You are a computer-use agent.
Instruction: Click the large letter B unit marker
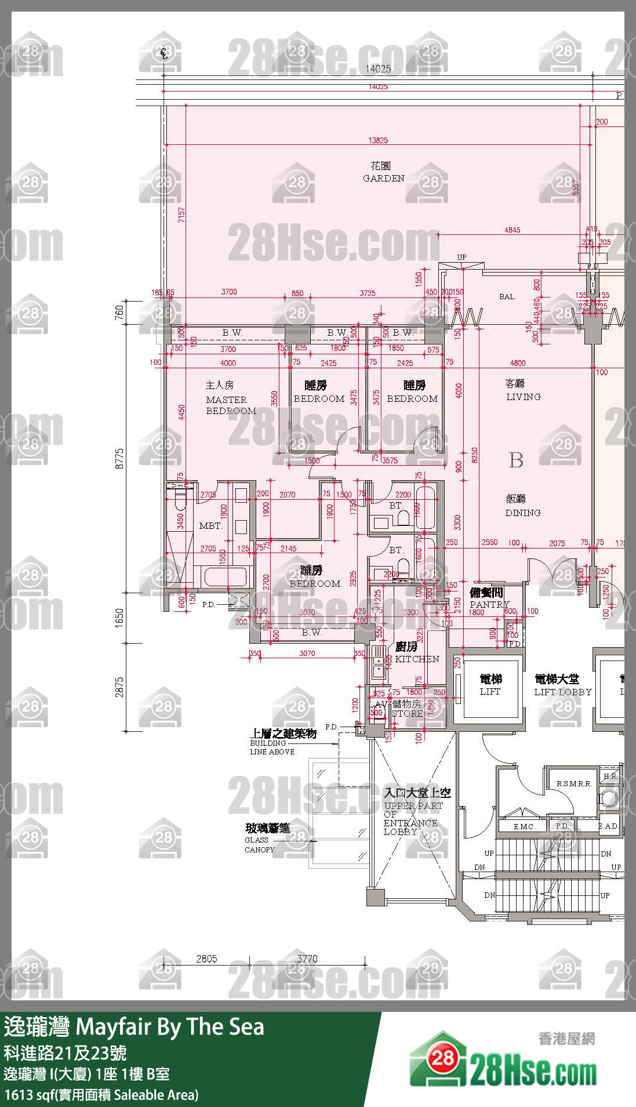pos(516,460)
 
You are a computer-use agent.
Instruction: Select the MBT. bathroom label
pos(210,526)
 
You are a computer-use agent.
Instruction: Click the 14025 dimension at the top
pos(378,68)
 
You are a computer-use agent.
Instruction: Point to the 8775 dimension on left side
pos(119,458)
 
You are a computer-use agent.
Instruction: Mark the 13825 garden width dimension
pos(378,140)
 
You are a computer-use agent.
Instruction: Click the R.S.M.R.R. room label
pos(574,783)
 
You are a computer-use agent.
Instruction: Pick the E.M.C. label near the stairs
pos(524,826)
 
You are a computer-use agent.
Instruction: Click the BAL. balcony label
pos(507,297)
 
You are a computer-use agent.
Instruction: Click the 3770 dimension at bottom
pos(307,959)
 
